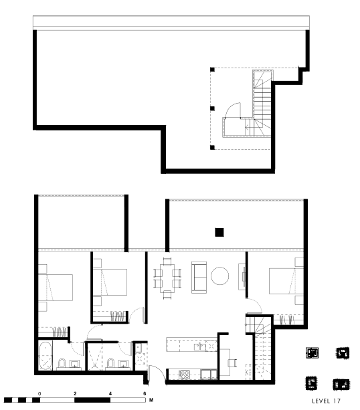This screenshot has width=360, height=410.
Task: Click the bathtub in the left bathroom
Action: point(46,356)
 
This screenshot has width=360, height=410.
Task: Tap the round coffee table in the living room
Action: point(219,276)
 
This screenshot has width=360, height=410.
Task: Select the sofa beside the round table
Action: point(199,277)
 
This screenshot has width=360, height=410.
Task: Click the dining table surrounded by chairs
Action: point(167,278)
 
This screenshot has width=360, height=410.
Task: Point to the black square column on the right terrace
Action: point(219,232)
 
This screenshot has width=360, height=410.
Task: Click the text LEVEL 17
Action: point(326,401)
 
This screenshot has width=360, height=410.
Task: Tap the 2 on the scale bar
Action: point(75,393)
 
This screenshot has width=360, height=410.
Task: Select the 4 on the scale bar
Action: point(110,393)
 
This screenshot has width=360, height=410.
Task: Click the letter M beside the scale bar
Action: point(151,400)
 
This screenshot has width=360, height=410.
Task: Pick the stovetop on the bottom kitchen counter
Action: point(184,375)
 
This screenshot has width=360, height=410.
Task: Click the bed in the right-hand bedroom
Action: point(286,281)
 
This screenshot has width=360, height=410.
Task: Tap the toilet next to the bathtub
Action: point(62,363)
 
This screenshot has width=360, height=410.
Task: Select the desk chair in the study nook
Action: point(232,363)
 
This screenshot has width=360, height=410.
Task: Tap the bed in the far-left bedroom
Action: point(56,288)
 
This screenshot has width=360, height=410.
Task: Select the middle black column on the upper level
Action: point(212,108)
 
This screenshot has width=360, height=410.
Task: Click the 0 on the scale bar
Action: point(39,393)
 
